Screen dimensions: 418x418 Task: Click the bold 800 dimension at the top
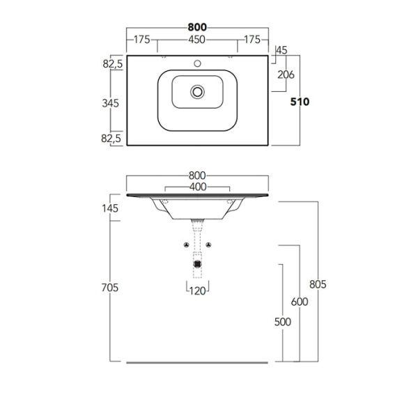[197, 27]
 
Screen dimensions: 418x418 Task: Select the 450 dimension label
[197, 40]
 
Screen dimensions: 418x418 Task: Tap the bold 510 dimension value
[300, 102]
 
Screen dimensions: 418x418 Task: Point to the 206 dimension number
[286, 75]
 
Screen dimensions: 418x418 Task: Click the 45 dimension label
[281, 50]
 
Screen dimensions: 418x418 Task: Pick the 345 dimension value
[110, 103]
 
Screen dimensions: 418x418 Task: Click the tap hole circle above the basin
[197, 63]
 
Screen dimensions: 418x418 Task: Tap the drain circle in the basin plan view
[197, 92]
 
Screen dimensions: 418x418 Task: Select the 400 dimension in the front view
[198, 187]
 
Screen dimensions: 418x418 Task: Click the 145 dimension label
[110, 208]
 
